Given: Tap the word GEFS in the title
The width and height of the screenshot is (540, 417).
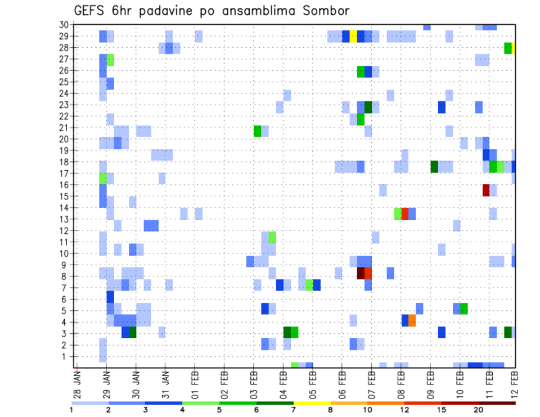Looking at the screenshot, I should click(92, 11).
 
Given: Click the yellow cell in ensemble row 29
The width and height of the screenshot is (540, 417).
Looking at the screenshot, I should click(353, 37).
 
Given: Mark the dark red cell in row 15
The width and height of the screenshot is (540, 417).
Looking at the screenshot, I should click(486, 191).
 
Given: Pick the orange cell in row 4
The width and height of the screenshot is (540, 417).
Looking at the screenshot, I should click(412, 320).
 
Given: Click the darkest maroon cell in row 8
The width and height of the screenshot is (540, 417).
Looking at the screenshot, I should click(361, 273).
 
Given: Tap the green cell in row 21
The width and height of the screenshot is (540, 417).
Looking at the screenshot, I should click(258, 131).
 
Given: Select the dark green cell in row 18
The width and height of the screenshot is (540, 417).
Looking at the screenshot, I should click(434, 166).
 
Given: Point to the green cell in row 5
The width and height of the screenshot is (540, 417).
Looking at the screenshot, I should click(464, 309).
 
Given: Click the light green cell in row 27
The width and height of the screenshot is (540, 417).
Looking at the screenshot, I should click(110, 60).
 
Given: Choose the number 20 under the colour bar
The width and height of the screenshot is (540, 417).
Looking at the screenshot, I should click(478, 410).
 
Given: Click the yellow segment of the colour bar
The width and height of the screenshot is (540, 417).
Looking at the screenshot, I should click(312, 402).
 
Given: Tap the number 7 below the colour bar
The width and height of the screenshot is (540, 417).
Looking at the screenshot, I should click(294, 410).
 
